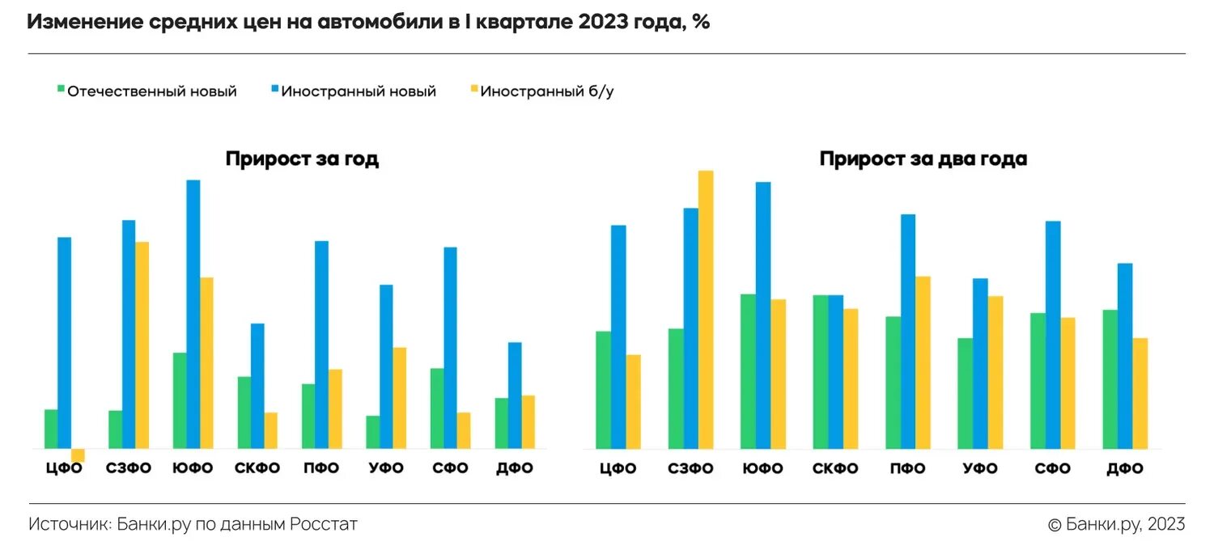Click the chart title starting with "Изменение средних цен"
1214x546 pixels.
[368, 22]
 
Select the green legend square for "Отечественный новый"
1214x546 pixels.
[60, 91]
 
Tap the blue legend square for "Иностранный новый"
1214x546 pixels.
[274, 91]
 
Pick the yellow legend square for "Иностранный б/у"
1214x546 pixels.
[473, 91]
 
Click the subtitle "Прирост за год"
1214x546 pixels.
[302, 159]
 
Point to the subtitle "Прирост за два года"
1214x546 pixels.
[923, 159]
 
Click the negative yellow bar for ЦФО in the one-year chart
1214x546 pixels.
[78, 455]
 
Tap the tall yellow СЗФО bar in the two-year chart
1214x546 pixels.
[706, 309]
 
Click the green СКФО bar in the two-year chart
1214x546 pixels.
[821, 371]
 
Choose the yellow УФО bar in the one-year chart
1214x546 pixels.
[399, 397]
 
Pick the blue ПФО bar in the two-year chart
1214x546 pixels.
[908, 331]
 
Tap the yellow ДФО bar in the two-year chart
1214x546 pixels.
[1140, 393]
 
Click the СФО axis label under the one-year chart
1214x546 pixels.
[450, 468]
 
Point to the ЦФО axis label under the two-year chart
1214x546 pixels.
[618, 469]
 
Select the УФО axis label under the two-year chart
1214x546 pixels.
[979, 469]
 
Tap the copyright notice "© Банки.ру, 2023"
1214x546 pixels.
[1116, 524]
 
